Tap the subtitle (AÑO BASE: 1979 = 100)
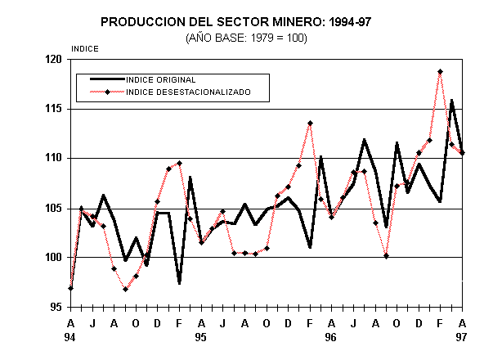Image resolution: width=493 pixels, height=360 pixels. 245,38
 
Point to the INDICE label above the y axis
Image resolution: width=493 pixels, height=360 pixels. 86,49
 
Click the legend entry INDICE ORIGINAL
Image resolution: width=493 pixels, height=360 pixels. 161,80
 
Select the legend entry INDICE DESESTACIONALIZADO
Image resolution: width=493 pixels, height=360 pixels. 187,92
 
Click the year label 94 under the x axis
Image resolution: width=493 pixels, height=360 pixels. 70,336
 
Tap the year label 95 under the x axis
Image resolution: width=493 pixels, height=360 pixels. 200,336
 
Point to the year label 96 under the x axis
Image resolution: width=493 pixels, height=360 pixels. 331,336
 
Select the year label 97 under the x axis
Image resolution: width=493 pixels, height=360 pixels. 462,336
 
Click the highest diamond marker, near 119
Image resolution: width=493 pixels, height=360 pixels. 441,72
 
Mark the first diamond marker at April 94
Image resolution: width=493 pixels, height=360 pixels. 71,288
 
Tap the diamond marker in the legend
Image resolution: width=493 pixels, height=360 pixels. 107,92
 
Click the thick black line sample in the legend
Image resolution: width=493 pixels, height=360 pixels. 102,80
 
